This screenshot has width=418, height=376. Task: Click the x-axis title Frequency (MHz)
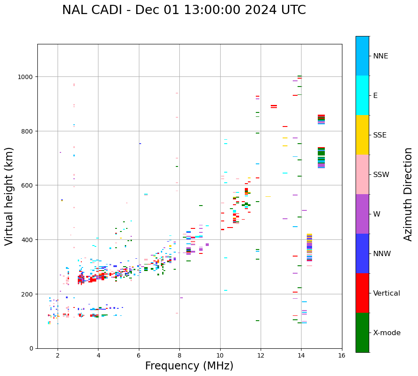pyautogui.click(x=189, y=366)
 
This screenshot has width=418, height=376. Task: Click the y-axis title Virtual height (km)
pyautogui.click(x=9, y=196)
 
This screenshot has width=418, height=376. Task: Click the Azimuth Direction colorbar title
pyautogui.click(x=408, y=194)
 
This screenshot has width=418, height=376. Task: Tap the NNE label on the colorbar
pyautogui.click(x=381, y=56)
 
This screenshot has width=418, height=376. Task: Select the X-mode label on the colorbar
pyautogui.click(x=387, y=333)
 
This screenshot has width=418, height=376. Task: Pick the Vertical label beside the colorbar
pyautogui.click(x=387, y=293)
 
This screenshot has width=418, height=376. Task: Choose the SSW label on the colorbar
pyautogui.click(x=381, y=175)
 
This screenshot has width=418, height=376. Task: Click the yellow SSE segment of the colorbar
pyautogui.click(x=362, y=135)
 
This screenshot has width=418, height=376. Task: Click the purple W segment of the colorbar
pyautogui.click(x=362, y=214)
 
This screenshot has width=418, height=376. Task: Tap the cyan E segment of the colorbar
pyautogui.click(x=362, y=95)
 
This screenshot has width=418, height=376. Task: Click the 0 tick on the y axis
pyautogui.click(x=32, y=348)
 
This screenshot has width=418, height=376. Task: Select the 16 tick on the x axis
pyautogui.click(x=342, y=356)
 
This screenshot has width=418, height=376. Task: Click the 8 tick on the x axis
pyautogui.click(x=179, y=356)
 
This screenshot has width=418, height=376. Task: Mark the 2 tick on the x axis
pyautogui.click(x=58, y=356)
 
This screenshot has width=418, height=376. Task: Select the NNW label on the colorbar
pyautogui.click(x=382, y=254)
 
